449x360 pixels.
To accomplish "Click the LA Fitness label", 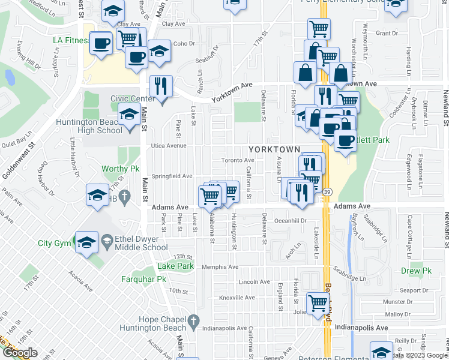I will [x=70, y=41].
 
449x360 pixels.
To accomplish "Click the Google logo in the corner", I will [x=19, y=353].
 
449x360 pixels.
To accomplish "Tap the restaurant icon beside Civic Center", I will [x=160, y=86].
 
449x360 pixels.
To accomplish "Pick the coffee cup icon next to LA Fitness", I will [x=100, y=43].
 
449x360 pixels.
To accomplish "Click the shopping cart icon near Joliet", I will [x=318, y=303].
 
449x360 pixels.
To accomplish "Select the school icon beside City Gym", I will [x=87, y=243].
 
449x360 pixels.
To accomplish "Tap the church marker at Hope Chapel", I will [x=193, y=323].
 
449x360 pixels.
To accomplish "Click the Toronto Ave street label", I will [x=238, y=160].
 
